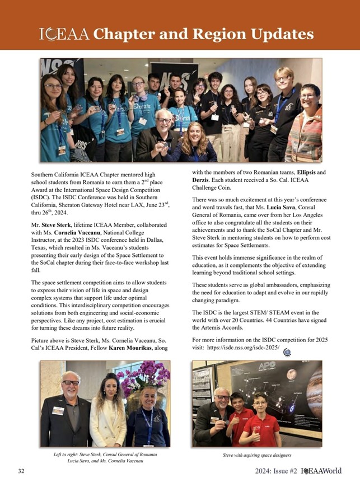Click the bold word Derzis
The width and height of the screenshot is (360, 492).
(204, 181)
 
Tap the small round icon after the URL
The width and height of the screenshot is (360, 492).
(288, 352)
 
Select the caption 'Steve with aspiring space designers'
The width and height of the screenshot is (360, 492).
(257, 455)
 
